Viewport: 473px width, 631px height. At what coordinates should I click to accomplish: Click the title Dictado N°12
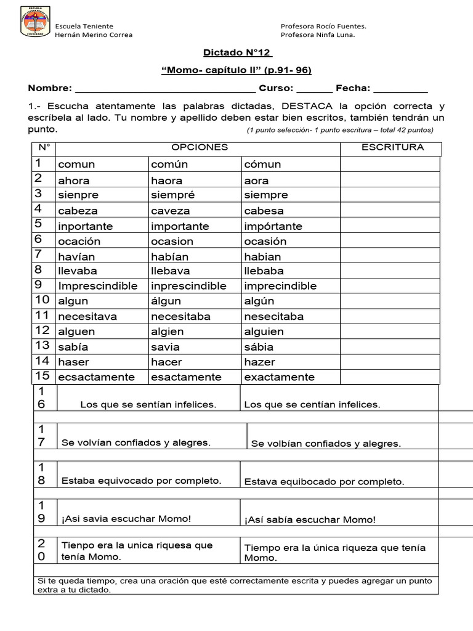[237, 53]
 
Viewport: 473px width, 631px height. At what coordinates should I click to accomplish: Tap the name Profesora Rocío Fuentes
[323, 26]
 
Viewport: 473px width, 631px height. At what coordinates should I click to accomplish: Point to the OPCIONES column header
[199, 147]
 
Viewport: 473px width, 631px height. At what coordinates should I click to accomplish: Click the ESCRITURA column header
[392, 147]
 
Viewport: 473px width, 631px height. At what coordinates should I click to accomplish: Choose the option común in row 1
[169, 165]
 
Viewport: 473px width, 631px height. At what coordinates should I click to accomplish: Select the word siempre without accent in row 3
[265, 195]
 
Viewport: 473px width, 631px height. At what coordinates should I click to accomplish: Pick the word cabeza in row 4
[78, 211]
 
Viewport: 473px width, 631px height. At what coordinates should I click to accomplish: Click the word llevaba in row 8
[78, 271]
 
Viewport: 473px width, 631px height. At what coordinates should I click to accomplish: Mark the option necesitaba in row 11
[180, 317]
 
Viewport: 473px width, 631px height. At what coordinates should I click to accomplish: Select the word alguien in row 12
[264, 332]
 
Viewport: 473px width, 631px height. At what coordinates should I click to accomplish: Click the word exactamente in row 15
[279, 377]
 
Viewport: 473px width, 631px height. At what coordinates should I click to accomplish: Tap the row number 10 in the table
[42, 300]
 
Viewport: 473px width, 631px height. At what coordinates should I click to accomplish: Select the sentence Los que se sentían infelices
[148, 405]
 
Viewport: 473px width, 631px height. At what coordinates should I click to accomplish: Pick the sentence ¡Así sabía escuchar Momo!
[310, 520]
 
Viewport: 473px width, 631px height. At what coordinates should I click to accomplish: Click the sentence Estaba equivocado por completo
[141, 481]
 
